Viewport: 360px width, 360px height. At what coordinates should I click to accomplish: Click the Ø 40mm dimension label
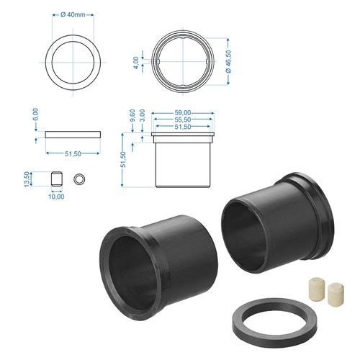pyautogui.click(x=73, y=15)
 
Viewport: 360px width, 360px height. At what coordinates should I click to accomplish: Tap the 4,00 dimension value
pyautogui.click(x=136, y=63)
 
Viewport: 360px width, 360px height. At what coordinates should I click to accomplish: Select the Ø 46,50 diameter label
pyautogui.click(x=228, y=61)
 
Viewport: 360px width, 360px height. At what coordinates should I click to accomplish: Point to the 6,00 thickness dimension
pyautogui.click(x=35, y=114)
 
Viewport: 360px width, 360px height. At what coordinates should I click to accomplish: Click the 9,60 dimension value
pyautogui.click(x=132, y=115)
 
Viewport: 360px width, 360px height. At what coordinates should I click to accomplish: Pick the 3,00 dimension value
pyautogui.click(x=143, y=115)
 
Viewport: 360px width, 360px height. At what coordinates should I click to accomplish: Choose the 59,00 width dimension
pyautogui.click(x=183, y=112)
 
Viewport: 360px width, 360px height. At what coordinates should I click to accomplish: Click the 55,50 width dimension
pyautogui.click(x=183, y=120)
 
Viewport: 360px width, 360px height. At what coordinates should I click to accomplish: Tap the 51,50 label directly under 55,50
pyautogui.click(x=183, y=127)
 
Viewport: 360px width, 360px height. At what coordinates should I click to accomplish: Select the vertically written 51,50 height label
pyautogui.click(x=123, y=160)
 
